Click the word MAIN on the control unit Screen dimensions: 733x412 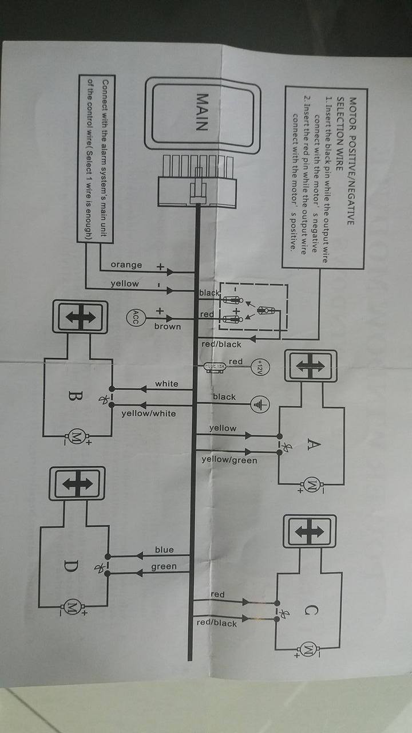(x=201, y=112)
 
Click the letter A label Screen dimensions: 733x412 (x=312, y=444)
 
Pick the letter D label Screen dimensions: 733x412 (x=70, y=566)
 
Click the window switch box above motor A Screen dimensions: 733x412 (x=309, y=365)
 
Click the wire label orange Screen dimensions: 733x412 (x=126, y=265)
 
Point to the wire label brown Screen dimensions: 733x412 (x=167, y=326)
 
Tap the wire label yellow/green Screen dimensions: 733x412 (x=229, y=460)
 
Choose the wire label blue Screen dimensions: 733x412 (x=164, y=550)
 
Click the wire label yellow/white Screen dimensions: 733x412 (x=149, y=413)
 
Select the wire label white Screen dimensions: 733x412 (x=167, y=384)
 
